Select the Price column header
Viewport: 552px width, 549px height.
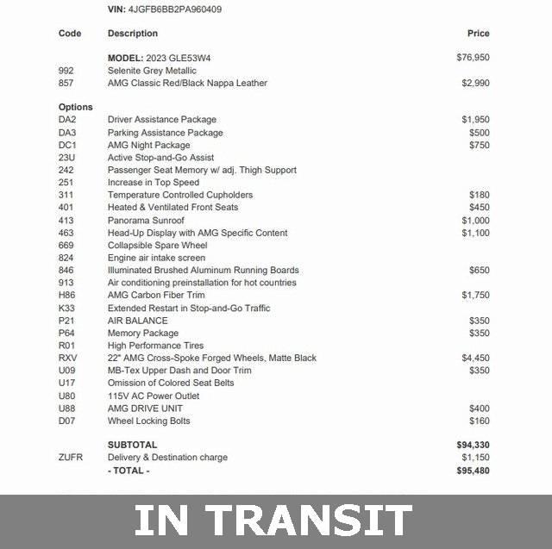[478, 34]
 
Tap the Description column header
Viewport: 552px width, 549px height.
[132, 34]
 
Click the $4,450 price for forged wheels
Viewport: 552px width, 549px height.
[475, 358]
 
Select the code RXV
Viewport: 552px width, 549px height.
[68, 358]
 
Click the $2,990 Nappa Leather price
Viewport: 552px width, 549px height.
[475, 84]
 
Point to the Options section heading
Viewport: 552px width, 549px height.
[76, 107]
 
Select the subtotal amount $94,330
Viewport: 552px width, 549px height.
[473, 445]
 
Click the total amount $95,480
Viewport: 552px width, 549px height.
[473, 471]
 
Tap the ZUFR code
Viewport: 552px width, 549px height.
[72, 458]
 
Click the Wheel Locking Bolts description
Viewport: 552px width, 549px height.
[148, 421]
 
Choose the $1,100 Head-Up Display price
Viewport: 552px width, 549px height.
[475, 233]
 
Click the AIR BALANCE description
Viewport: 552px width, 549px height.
[137, 321]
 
